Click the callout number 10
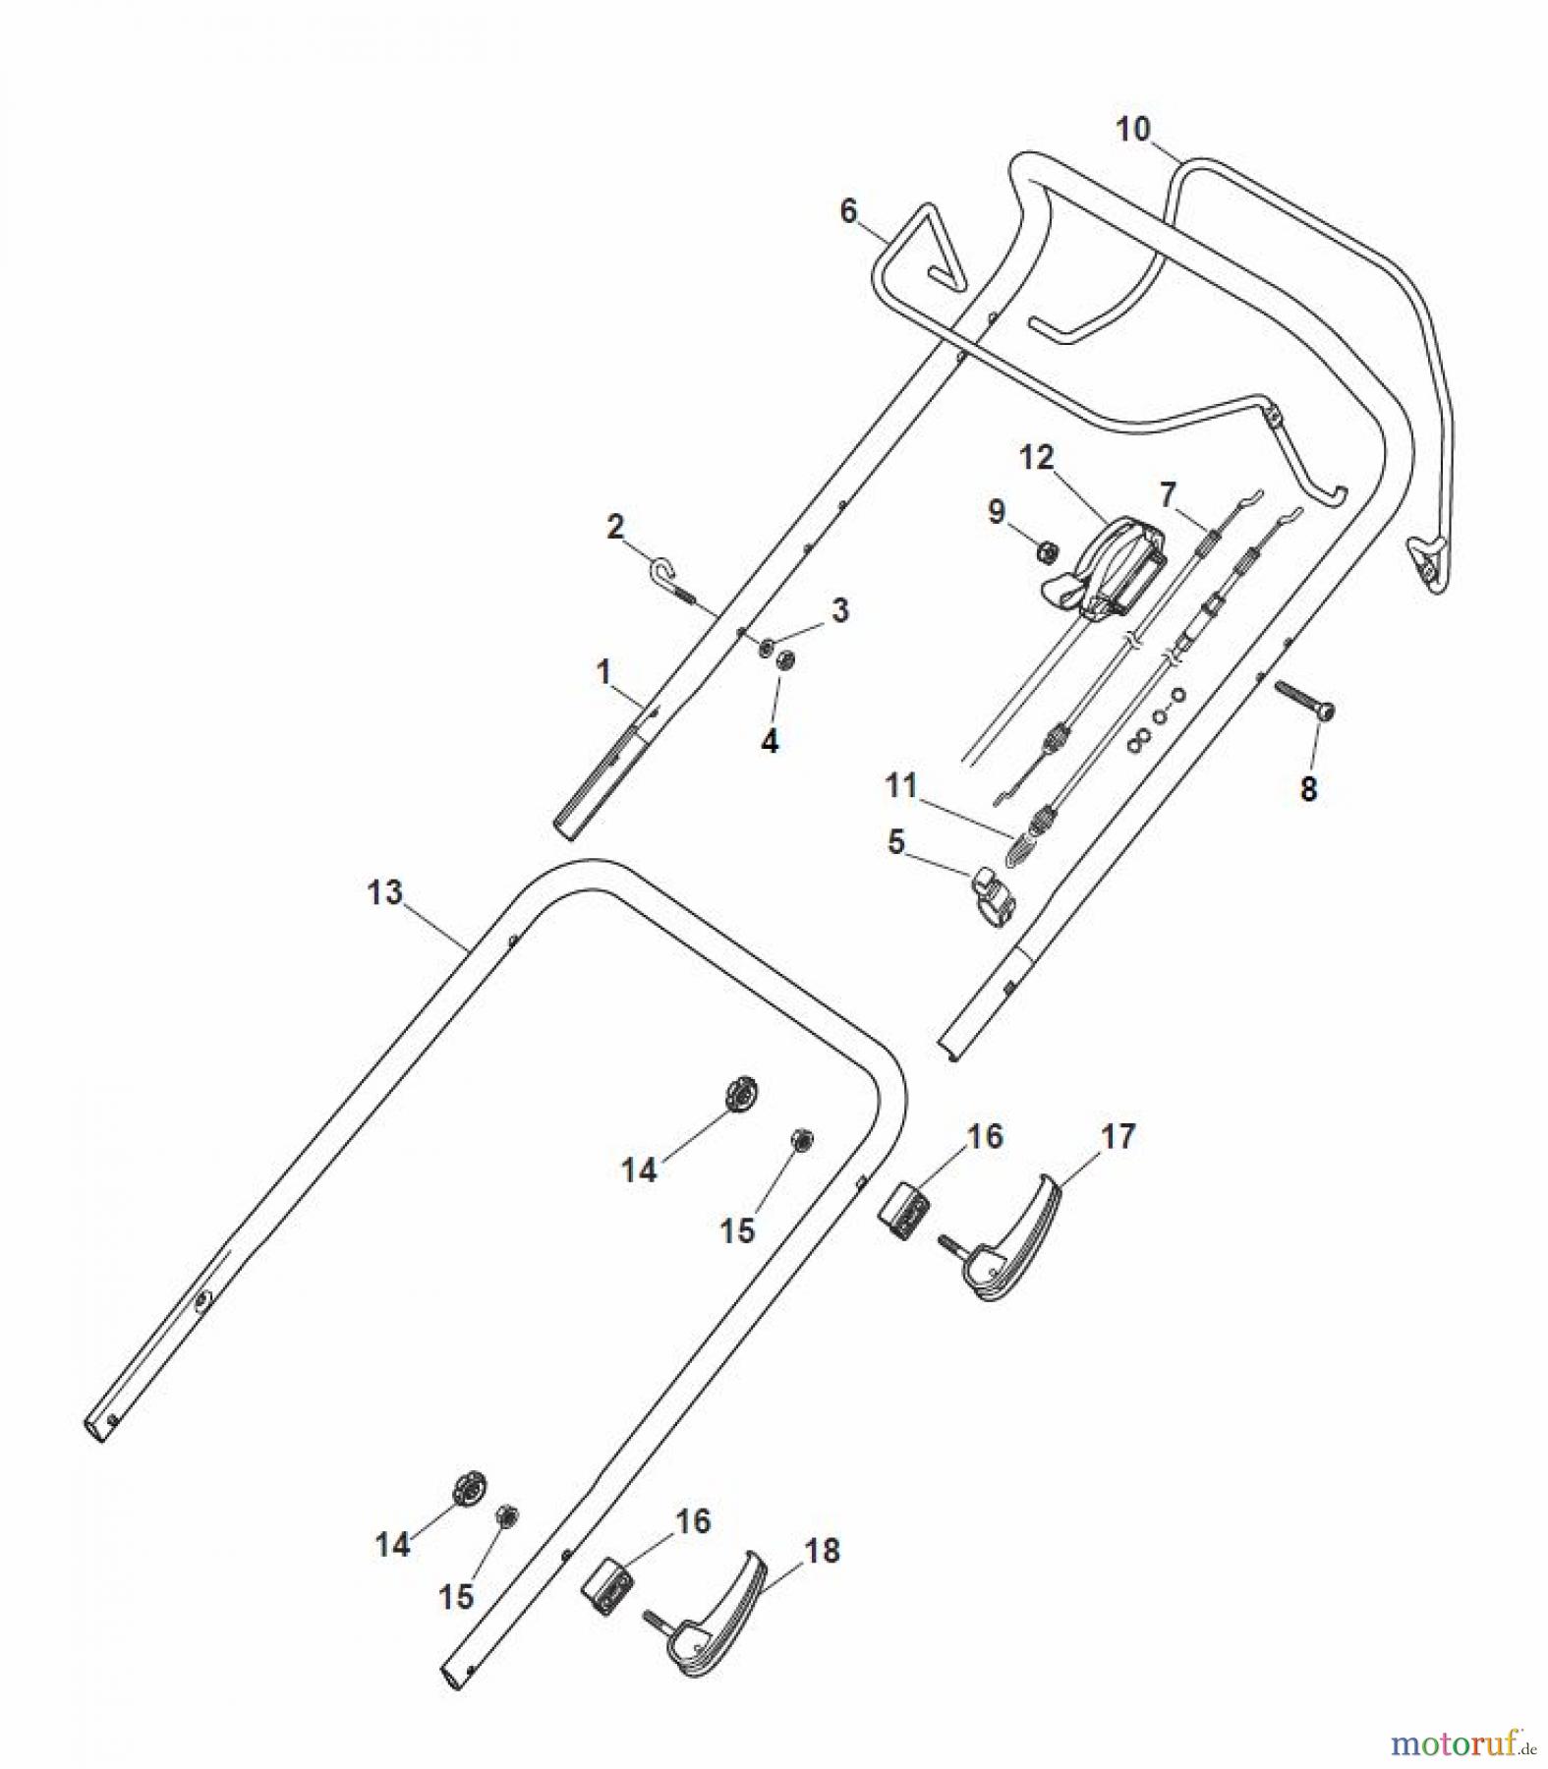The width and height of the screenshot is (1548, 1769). (1132, 129)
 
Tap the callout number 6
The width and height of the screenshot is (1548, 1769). (848, 211)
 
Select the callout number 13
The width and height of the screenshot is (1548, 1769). (384, 892)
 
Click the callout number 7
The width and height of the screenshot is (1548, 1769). (1167, 494)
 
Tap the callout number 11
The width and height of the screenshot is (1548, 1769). (900, 785)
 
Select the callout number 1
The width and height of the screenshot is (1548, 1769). (603, 672)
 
